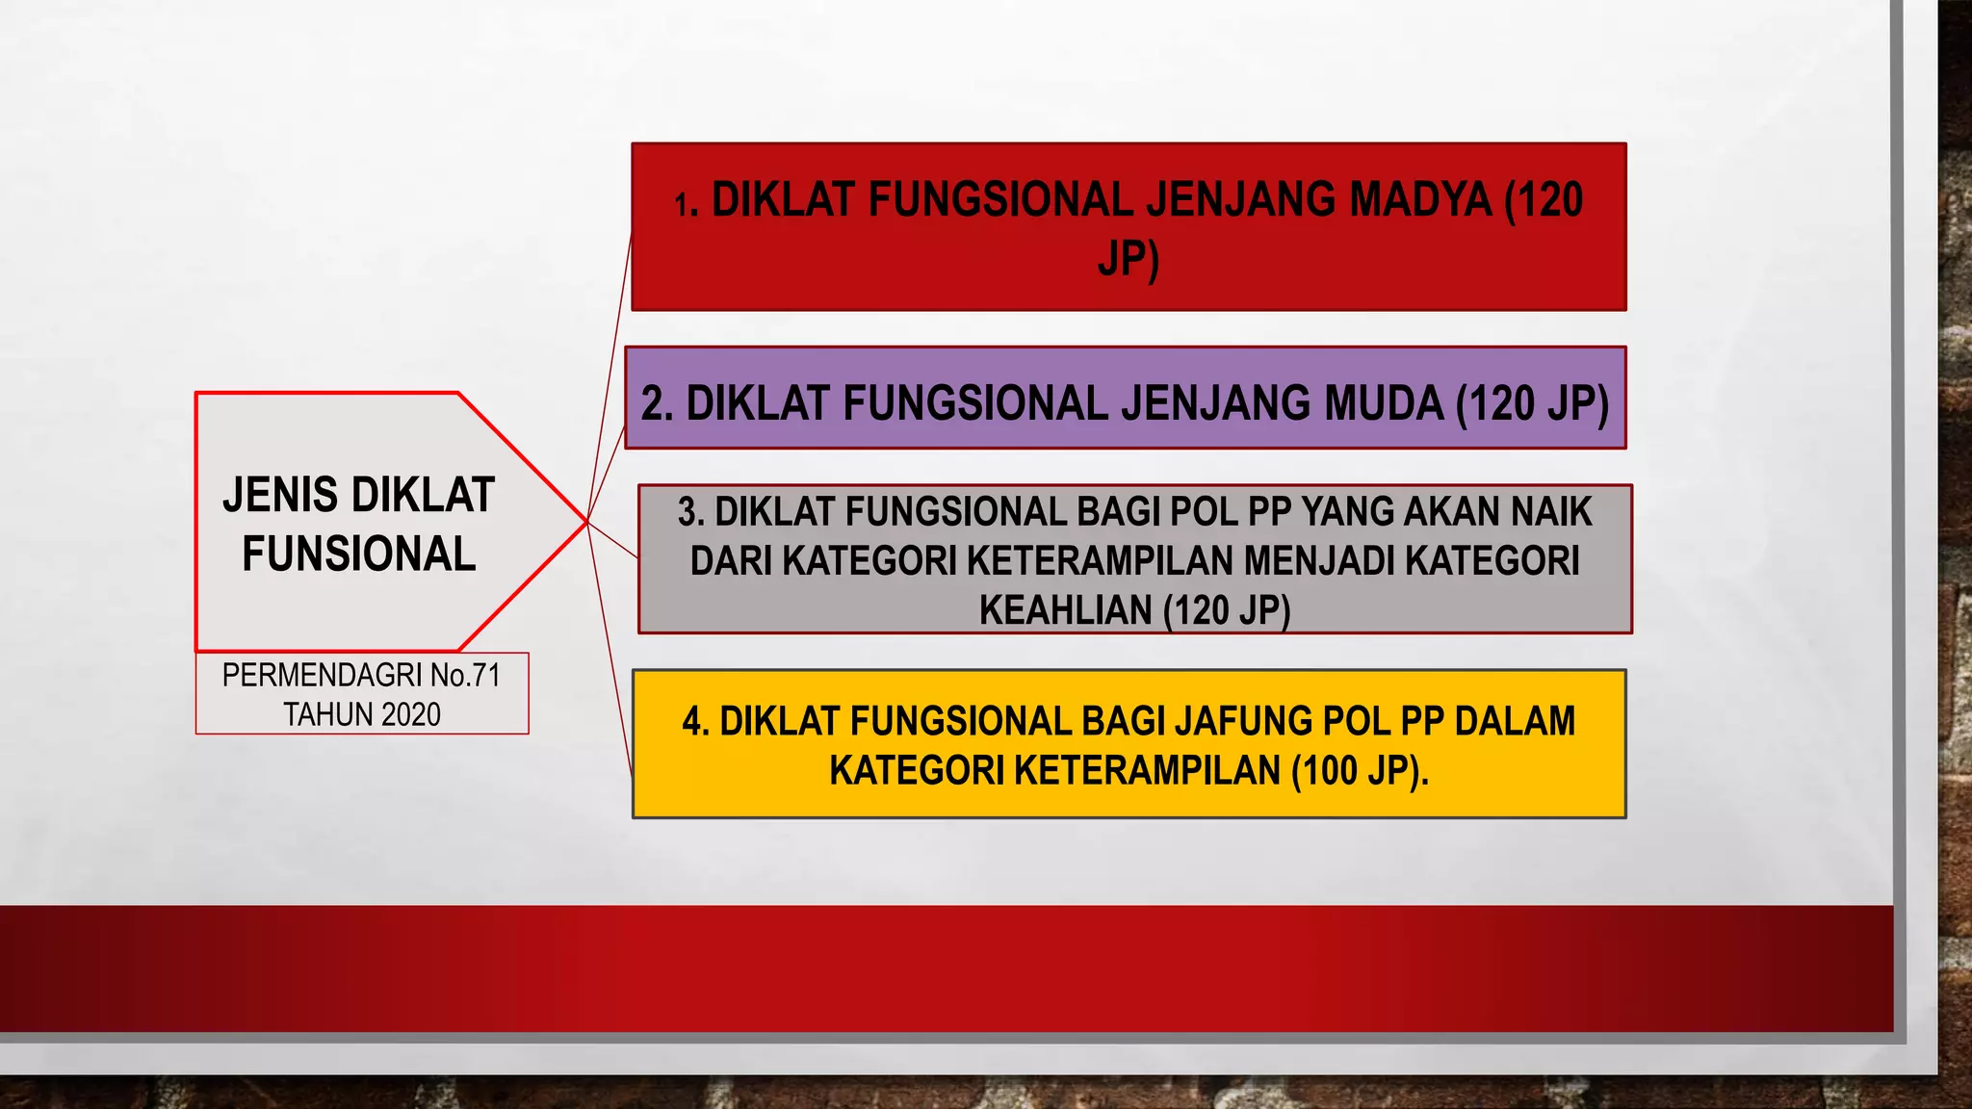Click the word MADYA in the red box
[1419, 200]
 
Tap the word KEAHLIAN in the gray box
[1067, 610]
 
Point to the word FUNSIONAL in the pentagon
[359, 554]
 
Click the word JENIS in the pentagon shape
[280, 495]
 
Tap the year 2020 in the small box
[410, 715]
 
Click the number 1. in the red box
[686, 205]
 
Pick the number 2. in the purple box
[657, 404]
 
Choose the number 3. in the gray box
[691, 512]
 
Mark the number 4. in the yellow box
[695, 722]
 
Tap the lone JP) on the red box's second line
[1129, 260]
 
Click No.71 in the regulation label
[466, 676]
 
